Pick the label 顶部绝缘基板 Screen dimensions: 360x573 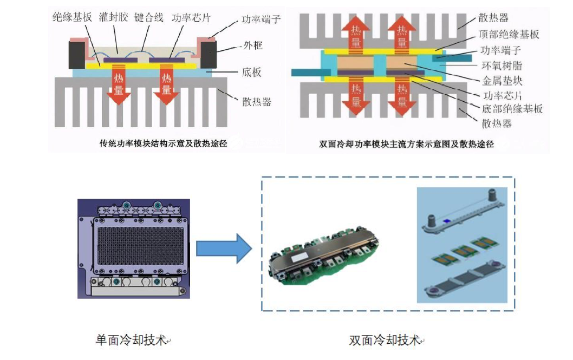pyautogui.click(x=510, y=35)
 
